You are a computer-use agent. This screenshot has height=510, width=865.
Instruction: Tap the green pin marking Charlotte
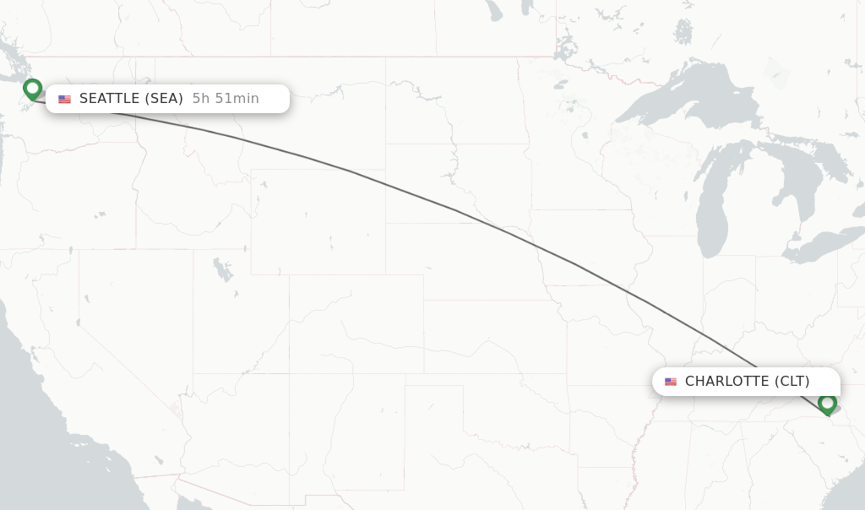(x=827, y=404)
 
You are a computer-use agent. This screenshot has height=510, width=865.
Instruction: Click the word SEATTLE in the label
(x=109, y=99)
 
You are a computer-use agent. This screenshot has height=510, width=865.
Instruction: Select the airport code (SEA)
(x=164, y=99)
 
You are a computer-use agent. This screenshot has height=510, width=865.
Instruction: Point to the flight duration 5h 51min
(x=226, y=99)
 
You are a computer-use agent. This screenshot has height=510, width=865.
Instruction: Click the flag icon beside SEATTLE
(x=64, y=100)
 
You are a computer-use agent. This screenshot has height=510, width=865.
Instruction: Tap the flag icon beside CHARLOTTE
(x=671, y=382)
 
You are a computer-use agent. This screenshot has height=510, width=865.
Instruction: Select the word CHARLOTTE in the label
(x=726, y=382)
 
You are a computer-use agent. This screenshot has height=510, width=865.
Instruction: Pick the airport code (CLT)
(x=792, y=382)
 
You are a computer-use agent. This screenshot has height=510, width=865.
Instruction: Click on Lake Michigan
(x=712, y=211)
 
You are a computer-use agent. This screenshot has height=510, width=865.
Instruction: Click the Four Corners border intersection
(x=290, y=373)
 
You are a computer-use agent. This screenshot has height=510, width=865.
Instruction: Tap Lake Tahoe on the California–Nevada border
(x=86, y=299)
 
